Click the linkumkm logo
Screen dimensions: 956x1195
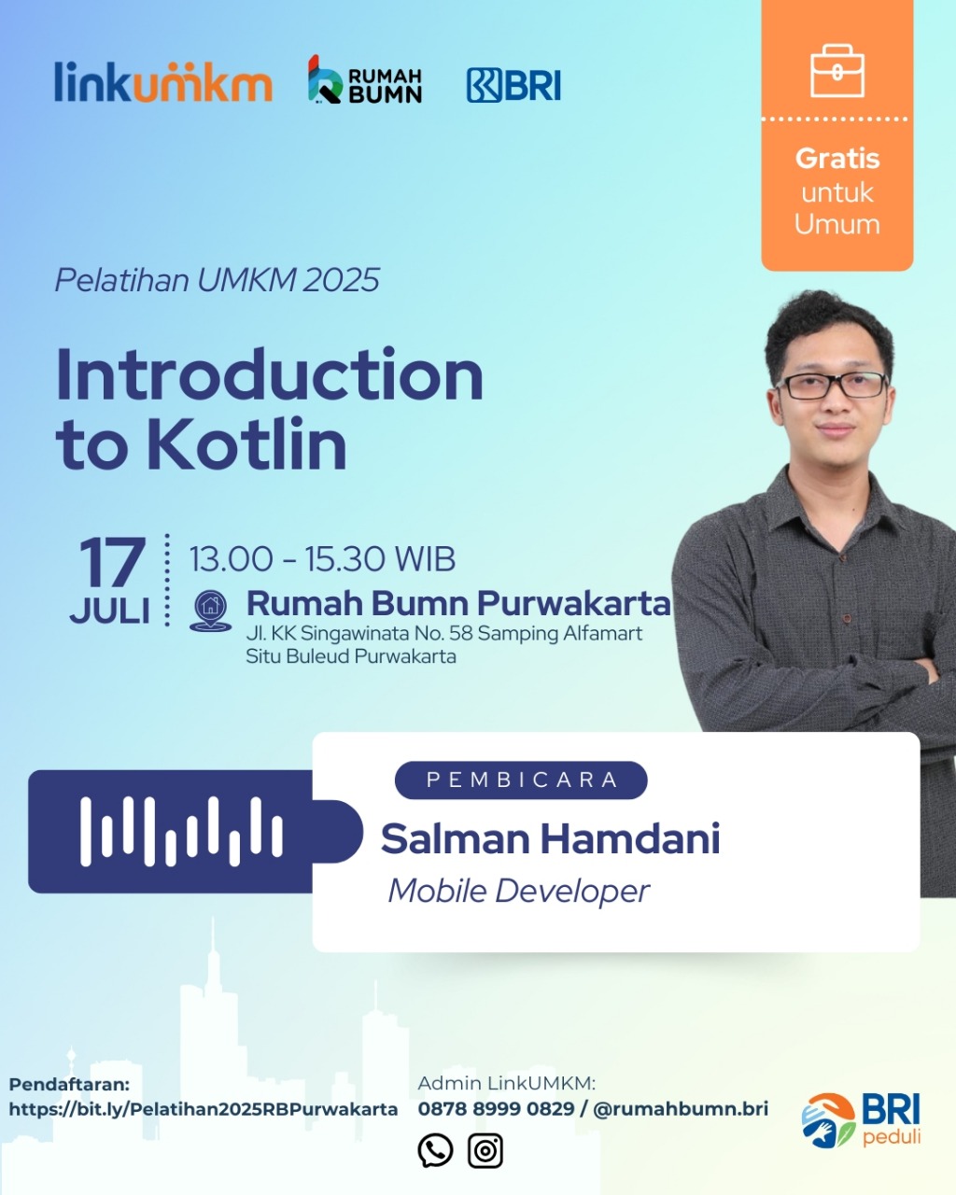[x=163, y=81]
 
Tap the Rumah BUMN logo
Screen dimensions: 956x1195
[x=365, y=79]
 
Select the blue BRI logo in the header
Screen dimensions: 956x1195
[x=513, y=86]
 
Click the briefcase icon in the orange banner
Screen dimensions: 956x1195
[x=836, y=71]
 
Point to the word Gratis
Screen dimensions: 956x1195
[x=837, y=159]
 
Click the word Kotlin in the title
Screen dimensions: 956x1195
[x=246, y=444]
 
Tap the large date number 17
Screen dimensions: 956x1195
[x=113, y=562]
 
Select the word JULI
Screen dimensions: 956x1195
[x=109, y=612]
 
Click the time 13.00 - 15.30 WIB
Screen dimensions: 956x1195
[x=322, y=558]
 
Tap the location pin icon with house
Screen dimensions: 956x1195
[x=211, y=611]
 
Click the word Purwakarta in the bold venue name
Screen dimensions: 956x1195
[x=574, y=603]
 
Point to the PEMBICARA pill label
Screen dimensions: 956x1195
[x=521, y=780]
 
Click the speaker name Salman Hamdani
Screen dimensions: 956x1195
[x=551, y=838]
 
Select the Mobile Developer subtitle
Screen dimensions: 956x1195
[x=519, y=892]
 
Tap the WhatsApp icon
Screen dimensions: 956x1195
[x=435, y=1150]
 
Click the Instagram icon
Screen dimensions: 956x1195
[x=485, y=1150]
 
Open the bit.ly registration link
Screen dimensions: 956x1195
[x=204, y=1109]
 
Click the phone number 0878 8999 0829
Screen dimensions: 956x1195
[x=496, y=1109]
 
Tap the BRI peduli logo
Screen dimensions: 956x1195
[x=861, y=1120]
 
